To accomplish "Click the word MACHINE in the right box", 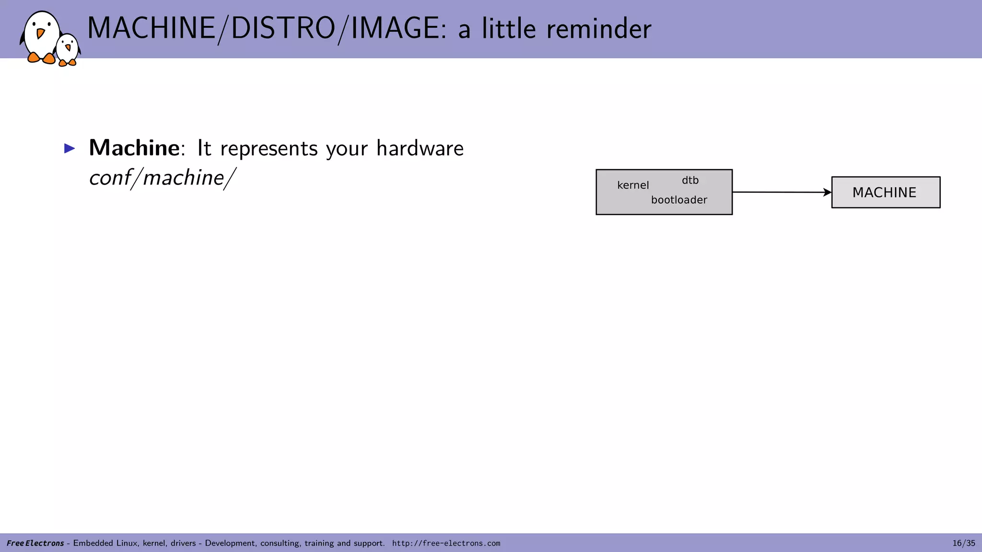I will [884, 193].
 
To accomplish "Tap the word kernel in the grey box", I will [633, 185].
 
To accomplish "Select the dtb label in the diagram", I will [690, 181].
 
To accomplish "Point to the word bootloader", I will [679, 200].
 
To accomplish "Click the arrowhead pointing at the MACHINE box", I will [827, 193].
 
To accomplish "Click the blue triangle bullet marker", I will [70, 149].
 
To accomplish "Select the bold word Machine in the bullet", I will [134, 148].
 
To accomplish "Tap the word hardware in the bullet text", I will [420, 149].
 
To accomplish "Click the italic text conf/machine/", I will [163, 178].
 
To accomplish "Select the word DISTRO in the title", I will [283, 28].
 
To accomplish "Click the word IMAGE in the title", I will [395, 28].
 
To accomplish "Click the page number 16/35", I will [963, 543].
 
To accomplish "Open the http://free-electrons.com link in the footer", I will [446, 543].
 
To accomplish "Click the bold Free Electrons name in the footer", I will [35, 543].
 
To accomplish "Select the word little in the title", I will [509, 29].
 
